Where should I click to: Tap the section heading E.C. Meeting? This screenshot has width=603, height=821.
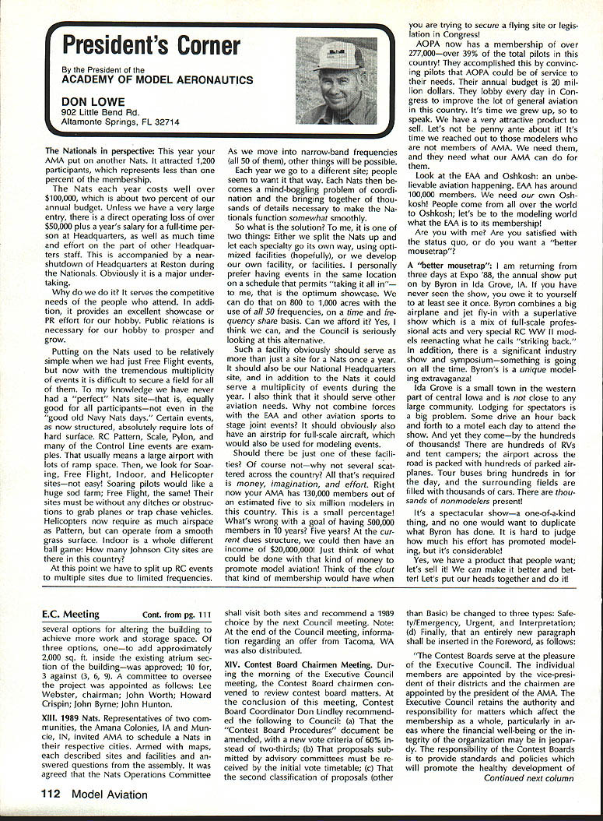tap(71, 614)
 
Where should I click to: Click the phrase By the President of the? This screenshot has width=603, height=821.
tap(103, 70)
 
